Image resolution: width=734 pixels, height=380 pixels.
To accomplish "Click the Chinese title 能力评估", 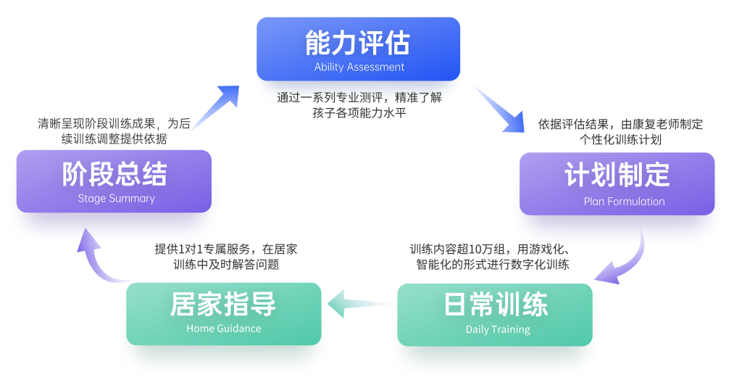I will coord(358,43).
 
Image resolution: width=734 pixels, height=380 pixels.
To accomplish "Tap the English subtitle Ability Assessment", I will coord(359,67).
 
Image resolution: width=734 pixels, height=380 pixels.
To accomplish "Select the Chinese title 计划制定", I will coord(617,175).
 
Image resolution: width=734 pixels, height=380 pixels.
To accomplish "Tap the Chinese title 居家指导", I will coord(223,304).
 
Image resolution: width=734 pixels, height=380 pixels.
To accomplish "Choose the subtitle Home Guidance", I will coord(223,329).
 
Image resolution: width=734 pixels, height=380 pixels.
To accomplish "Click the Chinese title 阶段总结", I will coord(114,174).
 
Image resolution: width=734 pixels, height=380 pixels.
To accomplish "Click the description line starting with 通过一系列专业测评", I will coord(359,97).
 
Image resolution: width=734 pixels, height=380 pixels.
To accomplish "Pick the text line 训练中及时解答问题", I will coord(226,265).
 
